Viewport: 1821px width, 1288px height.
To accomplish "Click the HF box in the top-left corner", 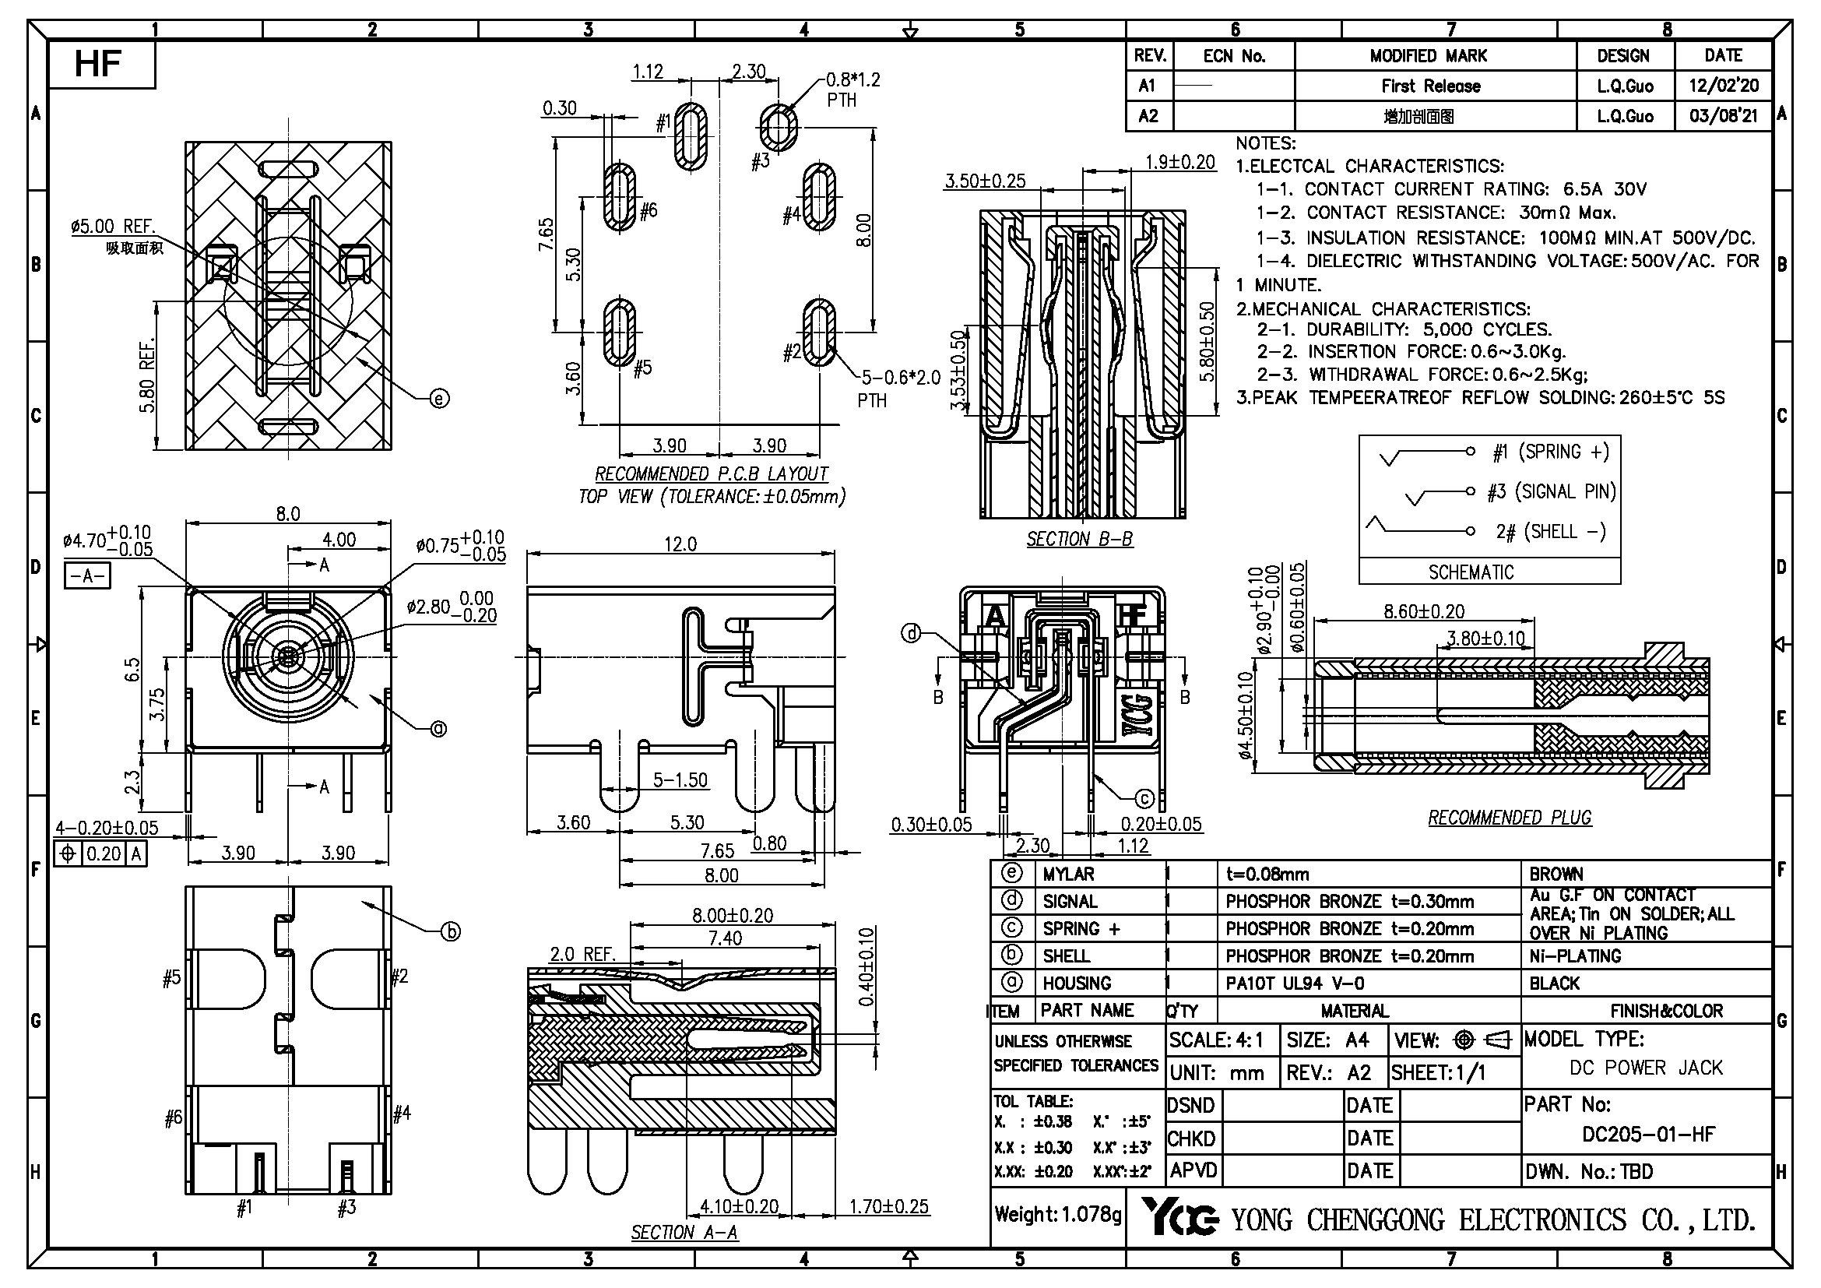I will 100,64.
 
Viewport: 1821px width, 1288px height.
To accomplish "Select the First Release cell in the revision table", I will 1430,86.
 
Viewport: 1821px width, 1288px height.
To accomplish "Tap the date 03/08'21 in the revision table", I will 1723,116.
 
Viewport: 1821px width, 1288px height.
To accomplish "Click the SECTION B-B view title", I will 1078,540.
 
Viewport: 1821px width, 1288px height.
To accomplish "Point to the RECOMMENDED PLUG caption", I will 1510,818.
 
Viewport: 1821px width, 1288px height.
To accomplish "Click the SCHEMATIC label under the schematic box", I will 1471,572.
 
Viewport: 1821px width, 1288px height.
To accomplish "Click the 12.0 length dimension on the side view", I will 680,544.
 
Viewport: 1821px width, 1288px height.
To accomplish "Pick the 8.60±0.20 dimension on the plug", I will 1424,611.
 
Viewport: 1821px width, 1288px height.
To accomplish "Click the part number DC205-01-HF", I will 1648,1134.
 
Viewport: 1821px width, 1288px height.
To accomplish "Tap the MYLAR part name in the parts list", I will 1067,874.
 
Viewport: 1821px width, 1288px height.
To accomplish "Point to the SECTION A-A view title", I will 684,1233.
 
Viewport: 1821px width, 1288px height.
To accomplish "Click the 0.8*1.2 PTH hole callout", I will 852,89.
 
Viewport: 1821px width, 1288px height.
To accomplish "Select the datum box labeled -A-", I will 87,575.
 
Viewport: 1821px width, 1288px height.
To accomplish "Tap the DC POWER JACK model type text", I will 1646,1068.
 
